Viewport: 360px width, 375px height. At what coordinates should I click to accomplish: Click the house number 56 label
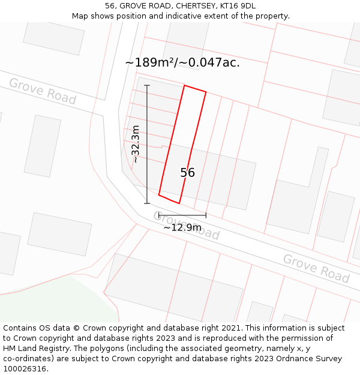187,173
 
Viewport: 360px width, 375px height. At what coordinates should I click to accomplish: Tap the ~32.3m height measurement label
136,144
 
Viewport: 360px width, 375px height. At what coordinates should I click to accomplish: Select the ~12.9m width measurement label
182,227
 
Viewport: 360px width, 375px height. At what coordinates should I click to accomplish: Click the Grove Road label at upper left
42,91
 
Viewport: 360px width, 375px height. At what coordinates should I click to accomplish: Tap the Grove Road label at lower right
316,268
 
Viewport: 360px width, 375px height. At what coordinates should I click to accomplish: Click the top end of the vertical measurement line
147,85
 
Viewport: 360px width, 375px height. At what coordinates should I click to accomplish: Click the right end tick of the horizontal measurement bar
206,215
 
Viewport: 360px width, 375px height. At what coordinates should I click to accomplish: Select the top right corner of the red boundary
206,92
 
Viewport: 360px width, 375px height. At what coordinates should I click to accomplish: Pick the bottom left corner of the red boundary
159,194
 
